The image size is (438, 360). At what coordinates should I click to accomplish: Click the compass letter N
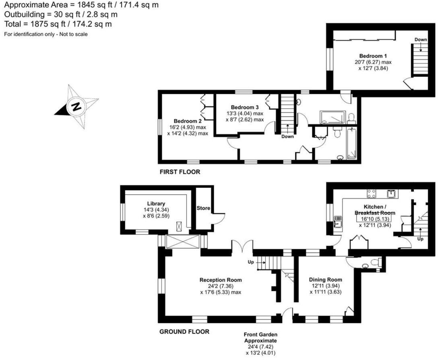click(75, 107)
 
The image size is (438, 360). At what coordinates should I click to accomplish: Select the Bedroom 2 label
click(187, 121)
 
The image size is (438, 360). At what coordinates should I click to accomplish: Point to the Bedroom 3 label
click(245, 107)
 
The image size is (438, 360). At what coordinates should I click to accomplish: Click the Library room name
click(156, 204)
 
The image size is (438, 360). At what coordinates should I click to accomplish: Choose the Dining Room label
click(325, 280)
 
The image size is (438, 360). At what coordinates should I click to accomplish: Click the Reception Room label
click(221, 280)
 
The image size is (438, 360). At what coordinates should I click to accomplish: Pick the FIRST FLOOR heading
click(180, 172)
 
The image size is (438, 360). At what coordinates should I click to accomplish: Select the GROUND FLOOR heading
click(184, 332)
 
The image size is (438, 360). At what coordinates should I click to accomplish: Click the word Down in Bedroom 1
click(421, 39)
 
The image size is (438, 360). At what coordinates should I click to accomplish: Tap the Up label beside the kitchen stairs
click(421, 239)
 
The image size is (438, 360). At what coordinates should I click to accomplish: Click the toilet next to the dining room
click(375, 263)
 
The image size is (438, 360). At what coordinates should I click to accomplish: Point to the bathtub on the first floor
click(352, 144)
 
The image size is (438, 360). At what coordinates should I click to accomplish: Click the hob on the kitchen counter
click(372, 194)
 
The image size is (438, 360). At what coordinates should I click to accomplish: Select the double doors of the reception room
click(242, 246)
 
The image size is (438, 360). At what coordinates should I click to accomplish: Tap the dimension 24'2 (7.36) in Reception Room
click(220, 286)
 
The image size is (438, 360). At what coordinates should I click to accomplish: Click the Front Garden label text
click(260, 334)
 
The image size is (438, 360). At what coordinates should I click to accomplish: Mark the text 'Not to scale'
click(73, 34)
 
